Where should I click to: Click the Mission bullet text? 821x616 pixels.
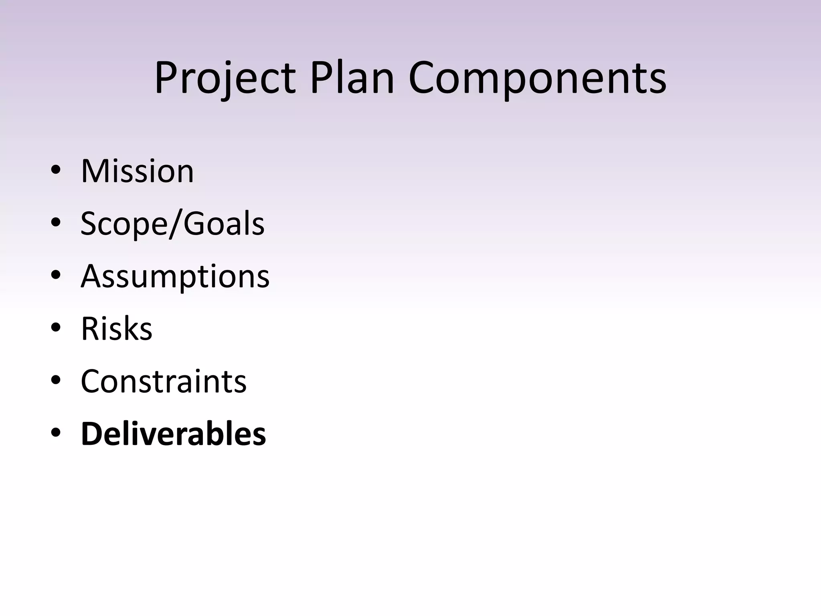(x=137, y=171)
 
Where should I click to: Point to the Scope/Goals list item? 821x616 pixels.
(x=172, y=224)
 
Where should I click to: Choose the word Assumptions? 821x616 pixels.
(x=175, y=277)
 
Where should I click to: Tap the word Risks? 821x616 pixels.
(x=117, y=329)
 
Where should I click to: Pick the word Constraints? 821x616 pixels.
(x=164, y=381)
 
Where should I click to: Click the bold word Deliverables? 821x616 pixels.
(x=173, y=434)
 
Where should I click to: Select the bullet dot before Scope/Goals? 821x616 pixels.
(x=56, y=223)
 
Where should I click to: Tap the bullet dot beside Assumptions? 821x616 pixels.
(x=56, y=276)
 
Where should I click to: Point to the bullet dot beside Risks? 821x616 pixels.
(x=56, y=328)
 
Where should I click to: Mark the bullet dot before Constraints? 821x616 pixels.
(x=56, y=381)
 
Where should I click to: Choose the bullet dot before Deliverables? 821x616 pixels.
(x=56, y=433)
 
